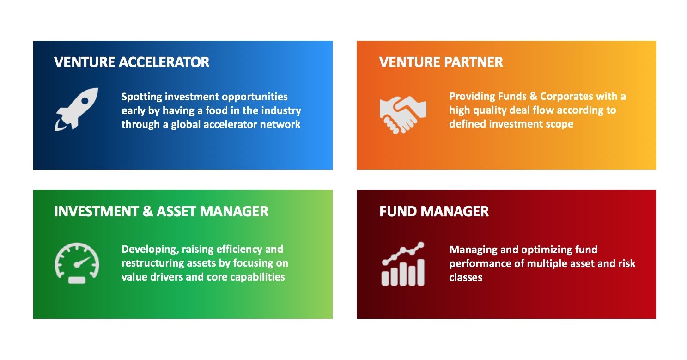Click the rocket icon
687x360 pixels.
(x=77, y=109)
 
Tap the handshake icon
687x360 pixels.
(x=402, y=113)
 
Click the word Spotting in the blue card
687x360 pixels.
(x=141, y=97)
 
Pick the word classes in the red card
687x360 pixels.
(x=466, y=278)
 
